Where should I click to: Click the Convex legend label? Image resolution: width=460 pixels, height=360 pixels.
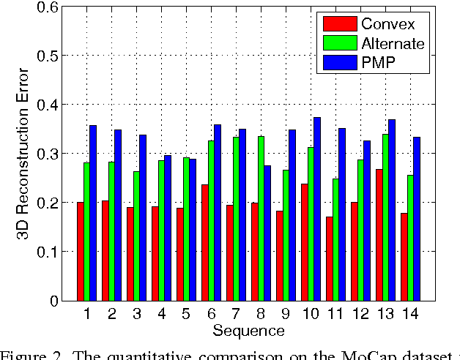(383, 23)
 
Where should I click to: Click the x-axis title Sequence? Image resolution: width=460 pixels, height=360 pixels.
(249, 331)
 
